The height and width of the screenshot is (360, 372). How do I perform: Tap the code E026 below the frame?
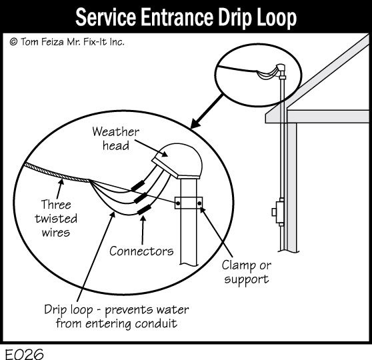coord(24,354)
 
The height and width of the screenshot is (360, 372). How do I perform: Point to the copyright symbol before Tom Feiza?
coord(13,42)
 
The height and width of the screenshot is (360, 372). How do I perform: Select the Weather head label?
coord(116,139)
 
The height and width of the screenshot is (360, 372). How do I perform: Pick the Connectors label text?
coord(141,251)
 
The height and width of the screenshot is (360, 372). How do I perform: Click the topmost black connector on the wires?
coord(137,185)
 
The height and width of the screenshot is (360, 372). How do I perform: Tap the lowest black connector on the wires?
coord(145,209)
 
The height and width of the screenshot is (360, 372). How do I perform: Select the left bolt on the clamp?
coord(178,203)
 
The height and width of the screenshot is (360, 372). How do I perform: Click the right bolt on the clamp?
coord(199,203)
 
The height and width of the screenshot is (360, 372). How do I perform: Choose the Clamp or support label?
coord(246,272)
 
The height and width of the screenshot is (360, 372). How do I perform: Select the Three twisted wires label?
coord(56,218)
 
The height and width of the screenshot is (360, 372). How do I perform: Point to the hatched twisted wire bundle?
coord(57,173)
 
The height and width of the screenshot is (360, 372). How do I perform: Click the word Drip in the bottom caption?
coord(55,310)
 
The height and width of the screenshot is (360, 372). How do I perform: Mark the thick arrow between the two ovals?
coord(207,111)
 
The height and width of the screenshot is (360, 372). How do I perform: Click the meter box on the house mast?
coord(278,212)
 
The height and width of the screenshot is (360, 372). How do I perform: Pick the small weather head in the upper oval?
coord(281,69)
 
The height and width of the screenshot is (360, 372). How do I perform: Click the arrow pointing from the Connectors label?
coord(143,230)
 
